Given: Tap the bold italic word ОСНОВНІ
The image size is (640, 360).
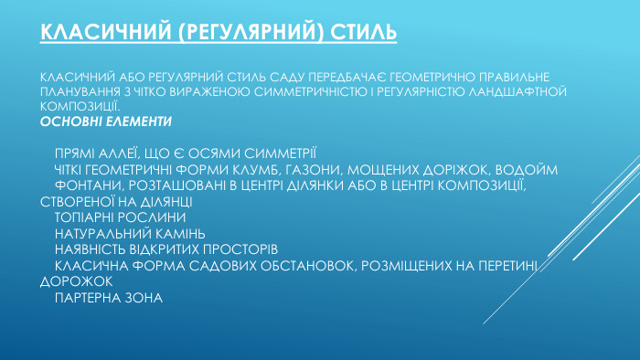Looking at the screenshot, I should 69,121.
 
